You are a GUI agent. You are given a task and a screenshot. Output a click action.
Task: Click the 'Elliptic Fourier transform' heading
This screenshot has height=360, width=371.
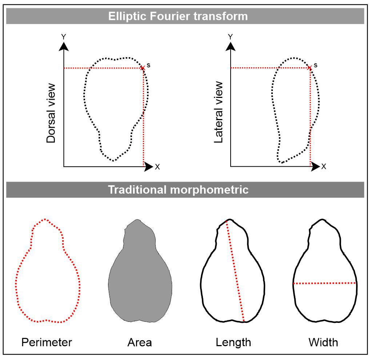[178, 16]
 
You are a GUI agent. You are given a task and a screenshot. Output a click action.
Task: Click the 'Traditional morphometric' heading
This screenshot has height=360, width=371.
[178, 190]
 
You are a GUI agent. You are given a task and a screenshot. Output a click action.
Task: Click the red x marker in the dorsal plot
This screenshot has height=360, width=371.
[143, 68]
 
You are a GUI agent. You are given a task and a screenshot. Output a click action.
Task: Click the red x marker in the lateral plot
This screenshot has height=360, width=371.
[310, 68]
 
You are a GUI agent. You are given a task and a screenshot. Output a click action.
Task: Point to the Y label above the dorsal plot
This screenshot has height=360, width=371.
[64, 36]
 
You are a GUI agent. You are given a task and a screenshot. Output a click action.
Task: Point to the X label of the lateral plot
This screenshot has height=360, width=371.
[324, 167]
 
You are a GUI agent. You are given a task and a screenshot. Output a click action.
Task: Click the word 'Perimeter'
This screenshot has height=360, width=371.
[47, 343]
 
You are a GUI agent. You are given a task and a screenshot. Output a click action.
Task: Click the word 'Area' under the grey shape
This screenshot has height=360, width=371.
[140, 343]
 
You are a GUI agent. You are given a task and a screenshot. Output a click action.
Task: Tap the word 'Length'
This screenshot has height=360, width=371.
[233, 343]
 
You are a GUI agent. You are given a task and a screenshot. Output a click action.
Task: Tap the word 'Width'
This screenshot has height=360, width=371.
[323, 343]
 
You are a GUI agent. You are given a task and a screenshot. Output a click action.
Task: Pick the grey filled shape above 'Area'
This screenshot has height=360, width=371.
[140, 277]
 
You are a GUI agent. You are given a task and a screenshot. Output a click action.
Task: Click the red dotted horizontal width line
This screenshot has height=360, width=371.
[324, 283]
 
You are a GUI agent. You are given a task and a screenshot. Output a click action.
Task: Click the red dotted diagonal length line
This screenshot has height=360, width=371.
[236, 271]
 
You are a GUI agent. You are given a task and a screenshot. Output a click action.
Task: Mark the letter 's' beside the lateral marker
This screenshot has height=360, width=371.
[315, 66]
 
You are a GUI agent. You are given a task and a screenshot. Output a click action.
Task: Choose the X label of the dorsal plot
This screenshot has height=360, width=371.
[157, 167]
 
